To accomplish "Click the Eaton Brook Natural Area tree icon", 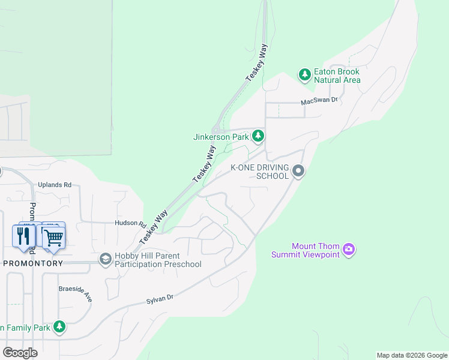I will tap(305, 75).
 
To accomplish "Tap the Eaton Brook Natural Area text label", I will tap(337, 76).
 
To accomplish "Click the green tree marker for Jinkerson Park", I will tap(258, 136).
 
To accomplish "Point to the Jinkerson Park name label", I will tap(221, 137).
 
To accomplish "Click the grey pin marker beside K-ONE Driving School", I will tap(298, 172).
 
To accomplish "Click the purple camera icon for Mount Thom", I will tap(349, 249).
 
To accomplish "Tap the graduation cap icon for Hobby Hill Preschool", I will tap(106, 259).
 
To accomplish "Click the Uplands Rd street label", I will tap(55, 185).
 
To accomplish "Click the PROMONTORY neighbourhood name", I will tap(33, 263).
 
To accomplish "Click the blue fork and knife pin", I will tap(24, 236).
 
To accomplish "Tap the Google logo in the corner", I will tap(20, 353).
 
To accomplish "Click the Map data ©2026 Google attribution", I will tap(412, 355).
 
